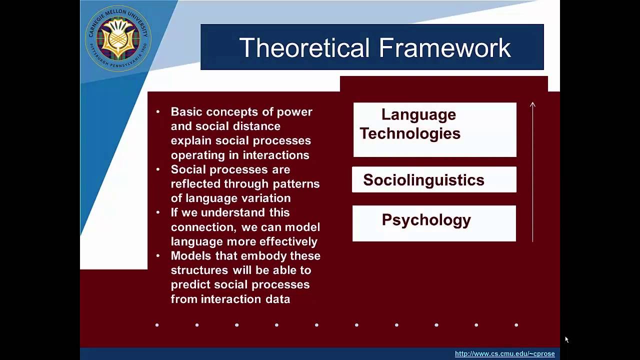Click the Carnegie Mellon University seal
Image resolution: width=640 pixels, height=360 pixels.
click(118, 38)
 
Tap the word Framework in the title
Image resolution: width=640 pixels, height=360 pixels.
click(444, 48)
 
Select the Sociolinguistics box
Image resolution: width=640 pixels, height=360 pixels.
click(433, 180)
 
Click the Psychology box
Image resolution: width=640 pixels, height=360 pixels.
click(433, 223)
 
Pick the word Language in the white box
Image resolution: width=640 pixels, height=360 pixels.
click(418, 114)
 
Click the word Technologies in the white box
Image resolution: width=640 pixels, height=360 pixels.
click(410, 133)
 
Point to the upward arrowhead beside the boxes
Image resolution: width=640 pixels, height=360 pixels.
click(532, 104)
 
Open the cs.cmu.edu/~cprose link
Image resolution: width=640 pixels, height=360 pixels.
click(504, 353)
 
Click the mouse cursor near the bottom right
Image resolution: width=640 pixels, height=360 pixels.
click(566, 339)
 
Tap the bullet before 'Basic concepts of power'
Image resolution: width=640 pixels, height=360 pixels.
click(158, 112)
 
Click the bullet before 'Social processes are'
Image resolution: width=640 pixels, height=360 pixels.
click(158, 169)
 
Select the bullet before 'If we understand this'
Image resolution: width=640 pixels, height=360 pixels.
click(158, 212)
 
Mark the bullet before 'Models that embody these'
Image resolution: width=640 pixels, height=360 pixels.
click(158, 255)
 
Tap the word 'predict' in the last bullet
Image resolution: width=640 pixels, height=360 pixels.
click(189, 284)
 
